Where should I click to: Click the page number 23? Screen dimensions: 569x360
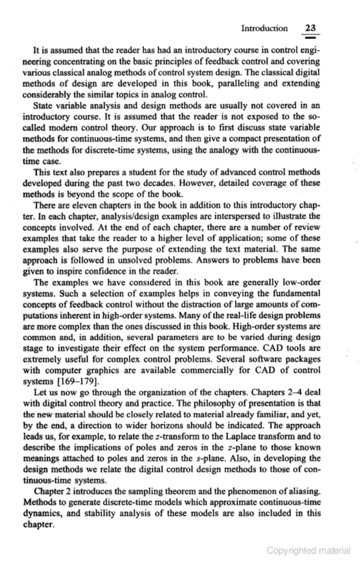click(311, 28)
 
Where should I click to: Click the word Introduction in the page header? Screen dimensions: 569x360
click(264, 28)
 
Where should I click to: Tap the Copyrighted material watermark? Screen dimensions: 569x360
click(309, 550)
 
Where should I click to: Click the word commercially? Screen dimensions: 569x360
click(208, 370)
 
